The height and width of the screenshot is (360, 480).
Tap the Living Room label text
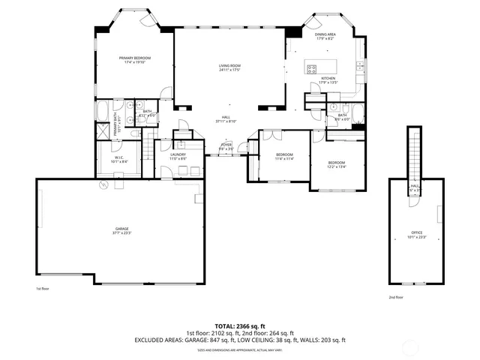click(x=229, y=68)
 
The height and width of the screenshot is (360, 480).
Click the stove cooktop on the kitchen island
click(x=310, y=69)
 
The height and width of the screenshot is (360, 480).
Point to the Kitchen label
click(x=328, y=80)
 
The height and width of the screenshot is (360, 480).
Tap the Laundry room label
click(x=178, y=157)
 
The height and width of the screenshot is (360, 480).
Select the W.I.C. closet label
click(x=118, y=159)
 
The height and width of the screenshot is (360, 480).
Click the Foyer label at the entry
click(x=226, y=147)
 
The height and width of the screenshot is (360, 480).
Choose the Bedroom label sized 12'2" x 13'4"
click(x=337, y=165)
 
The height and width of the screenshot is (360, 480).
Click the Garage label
click(x=122, y=231)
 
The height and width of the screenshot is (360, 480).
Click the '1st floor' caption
click(x=42, y=288)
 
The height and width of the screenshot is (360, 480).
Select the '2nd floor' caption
click(x=394, y=296)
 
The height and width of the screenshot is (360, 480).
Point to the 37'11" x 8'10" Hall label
click(x=226, y=119)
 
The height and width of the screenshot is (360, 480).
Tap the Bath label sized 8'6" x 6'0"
click(x=342, y=117)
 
